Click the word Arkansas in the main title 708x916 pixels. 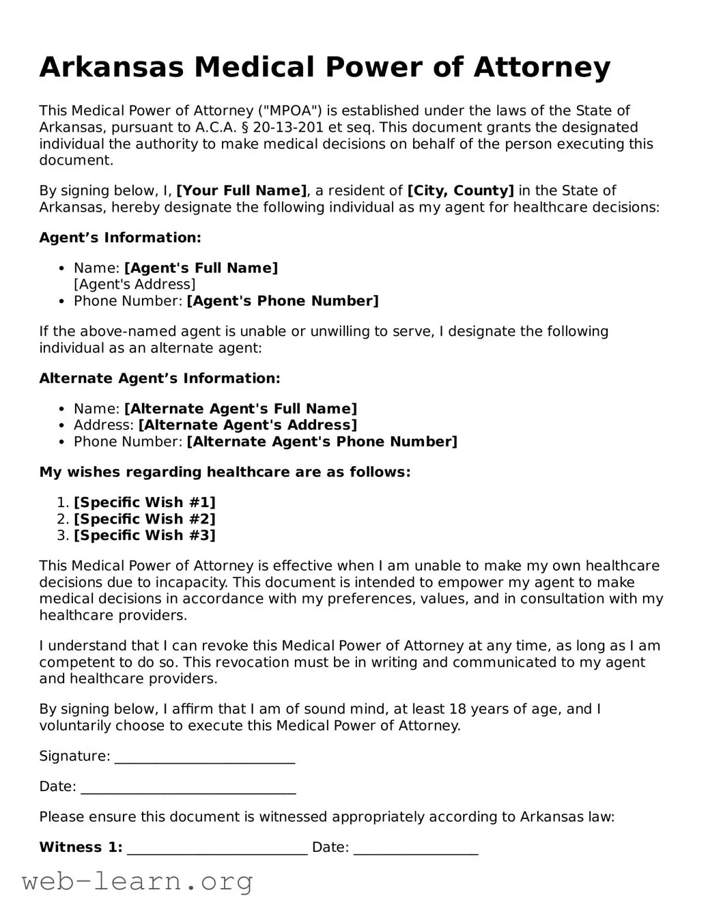tap(112, 68)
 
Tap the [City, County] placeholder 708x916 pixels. tap(460, 190)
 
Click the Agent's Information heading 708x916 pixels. tap(120, 238)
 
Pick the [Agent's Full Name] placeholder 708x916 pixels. tap(201, 268)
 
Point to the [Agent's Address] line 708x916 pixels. tap(134, 285)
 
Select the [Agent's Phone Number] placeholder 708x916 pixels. tap(282, 301)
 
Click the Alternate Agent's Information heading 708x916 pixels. tap(159, 378)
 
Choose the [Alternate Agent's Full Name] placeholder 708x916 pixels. tap(240, 409)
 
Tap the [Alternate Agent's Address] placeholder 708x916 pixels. tap(247, 425)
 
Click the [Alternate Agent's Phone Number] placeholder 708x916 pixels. tap(322, 442)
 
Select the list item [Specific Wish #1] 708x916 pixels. tap(144, 502)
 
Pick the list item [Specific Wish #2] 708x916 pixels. tap(144, 519)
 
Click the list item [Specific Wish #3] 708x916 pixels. tap(144, 535)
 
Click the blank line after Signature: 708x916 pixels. tap(204, 758)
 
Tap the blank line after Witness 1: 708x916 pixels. tap(217, 849)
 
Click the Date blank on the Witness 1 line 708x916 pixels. tap(415, 849)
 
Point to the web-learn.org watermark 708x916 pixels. tap(137, 882)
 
